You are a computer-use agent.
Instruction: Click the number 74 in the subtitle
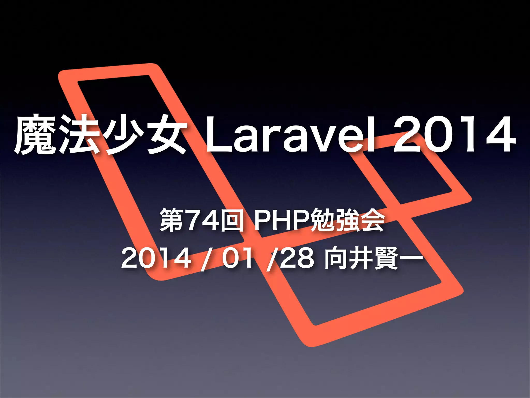tap(203, 221)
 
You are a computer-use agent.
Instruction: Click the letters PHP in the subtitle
tap(282, 221)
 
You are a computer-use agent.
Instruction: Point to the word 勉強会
tap(347, 221)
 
